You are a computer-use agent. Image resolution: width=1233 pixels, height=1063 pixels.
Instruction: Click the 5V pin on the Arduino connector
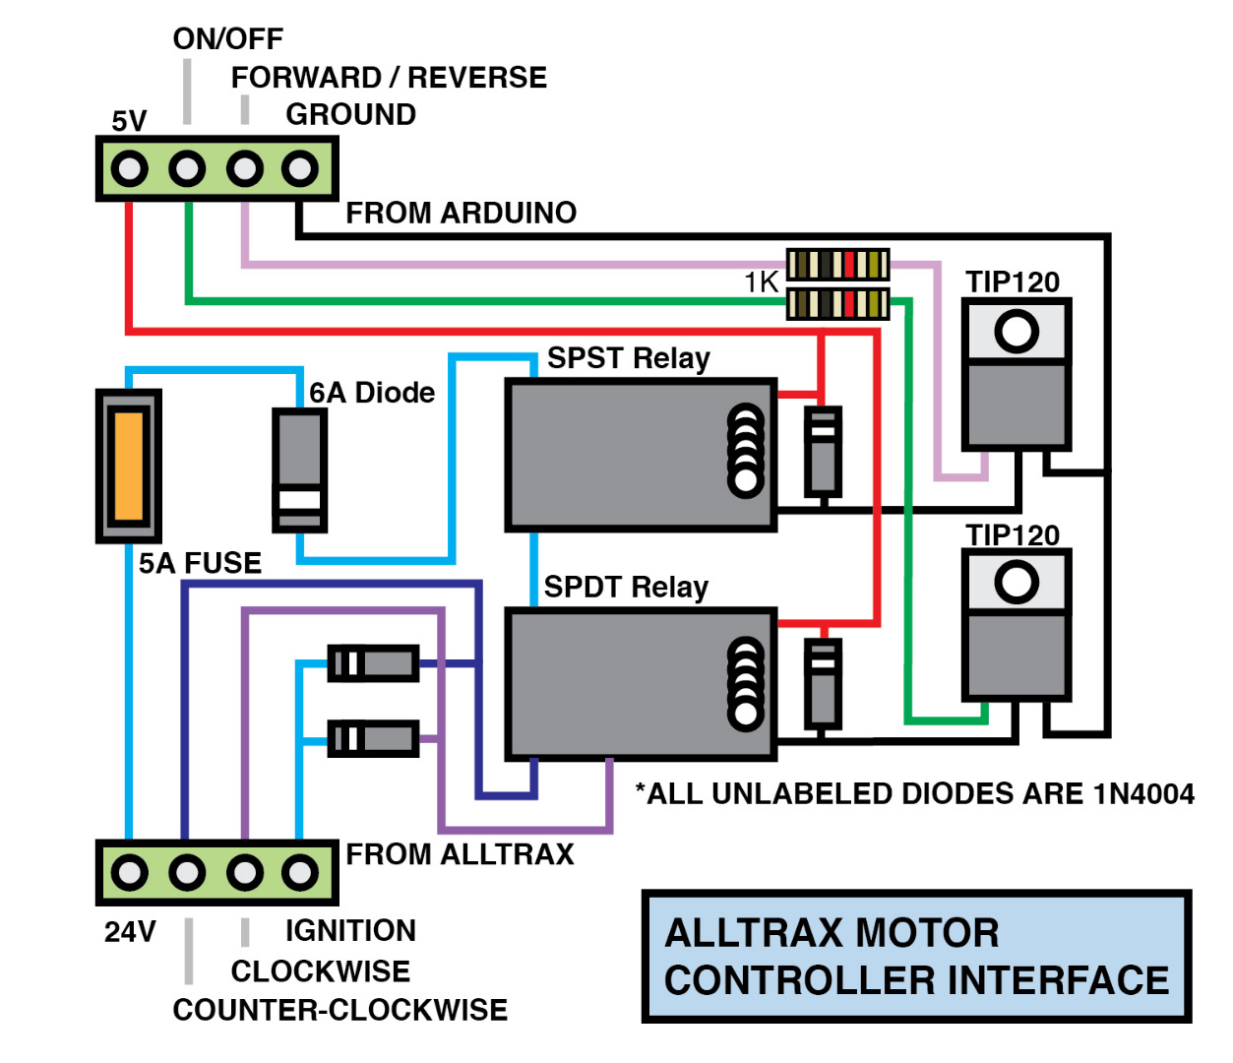coord(129,169)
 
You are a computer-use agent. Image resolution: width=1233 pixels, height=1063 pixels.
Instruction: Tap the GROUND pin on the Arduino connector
coord(300,169)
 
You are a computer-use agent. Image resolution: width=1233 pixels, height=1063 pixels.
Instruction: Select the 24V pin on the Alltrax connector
coord(129,873)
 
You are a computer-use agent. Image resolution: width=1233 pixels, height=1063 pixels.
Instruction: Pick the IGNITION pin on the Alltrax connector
coord(300,873)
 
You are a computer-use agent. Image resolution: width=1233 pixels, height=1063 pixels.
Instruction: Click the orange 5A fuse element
coord(129,466)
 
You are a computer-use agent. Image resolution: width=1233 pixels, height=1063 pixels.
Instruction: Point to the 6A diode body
coord(299,469)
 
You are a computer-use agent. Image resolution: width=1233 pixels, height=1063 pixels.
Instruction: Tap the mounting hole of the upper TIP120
coord(1016,331)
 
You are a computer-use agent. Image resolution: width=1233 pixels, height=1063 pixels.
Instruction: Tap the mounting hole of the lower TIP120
coord(1016,583)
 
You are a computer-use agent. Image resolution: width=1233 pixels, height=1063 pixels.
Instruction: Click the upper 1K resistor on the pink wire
coord(837,265)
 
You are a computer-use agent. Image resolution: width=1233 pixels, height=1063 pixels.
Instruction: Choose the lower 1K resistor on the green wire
coord(837,303)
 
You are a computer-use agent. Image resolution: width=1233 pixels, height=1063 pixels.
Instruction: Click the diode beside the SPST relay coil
coord(823,452)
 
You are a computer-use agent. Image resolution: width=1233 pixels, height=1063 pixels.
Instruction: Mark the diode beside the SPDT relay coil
coord(823,683)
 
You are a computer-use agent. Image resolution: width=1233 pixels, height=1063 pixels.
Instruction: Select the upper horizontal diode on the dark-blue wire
coord(373,663)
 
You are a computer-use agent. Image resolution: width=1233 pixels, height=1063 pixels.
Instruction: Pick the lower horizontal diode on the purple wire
coord(373,738)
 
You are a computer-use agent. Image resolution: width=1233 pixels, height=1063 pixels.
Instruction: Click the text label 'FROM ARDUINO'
coord(461,213)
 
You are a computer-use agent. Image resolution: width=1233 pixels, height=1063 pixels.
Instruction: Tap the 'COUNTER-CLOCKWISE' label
coord(340,1010)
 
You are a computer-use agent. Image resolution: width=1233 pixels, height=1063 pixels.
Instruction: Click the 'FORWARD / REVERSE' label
coord(389,77)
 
